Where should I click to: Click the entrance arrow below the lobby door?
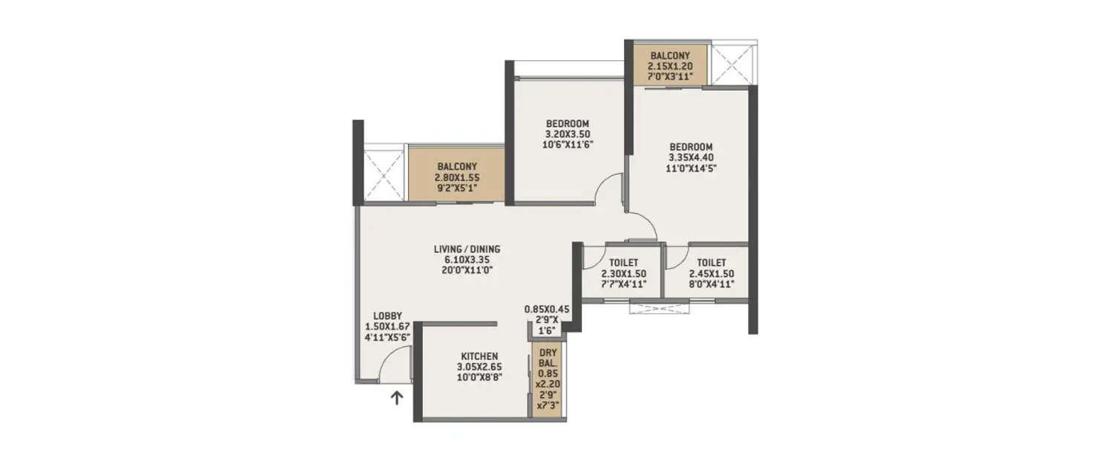click(x=397, y=399)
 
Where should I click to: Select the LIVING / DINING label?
click(x=467, y=249)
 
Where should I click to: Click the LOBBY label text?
click(x=387, y=316)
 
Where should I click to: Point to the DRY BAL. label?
click(x=548, y=358)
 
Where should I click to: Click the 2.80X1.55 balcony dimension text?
click(x=456, y=177)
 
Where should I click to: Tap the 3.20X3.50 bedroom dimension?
click(x=568, y=134)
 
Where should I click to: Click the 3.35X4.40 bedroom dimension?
click(x=691, y=157)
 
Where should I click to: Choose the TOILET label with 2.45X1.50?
click(x=711, y=263)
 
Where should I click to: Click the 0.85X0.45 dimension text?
click(x=546, y=310)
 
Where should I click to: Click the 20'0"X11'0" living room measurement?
click(x=467, y=270)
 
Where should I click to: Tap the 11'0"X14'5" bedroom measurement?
click(x=691, y=168)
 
